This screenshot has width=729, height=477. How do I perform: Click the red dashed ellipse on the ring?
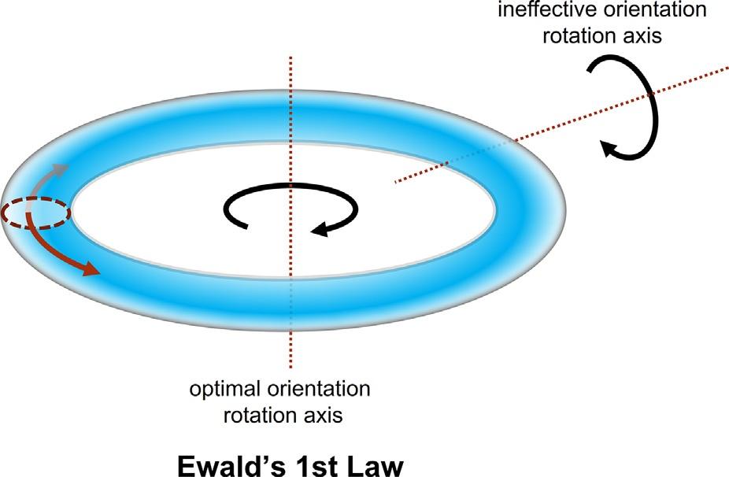pos(36,213)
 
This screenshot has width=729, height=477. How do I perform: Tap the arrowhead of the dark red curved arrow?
pos(93,271)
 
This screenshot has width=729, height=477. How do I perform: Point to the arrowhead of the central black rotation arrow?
pos(319,230)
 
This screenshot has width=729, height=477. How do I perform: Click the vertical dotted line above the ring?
pos(292,87)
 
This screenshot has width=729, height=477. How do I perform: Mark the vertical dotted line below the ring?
pos(292,350)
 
